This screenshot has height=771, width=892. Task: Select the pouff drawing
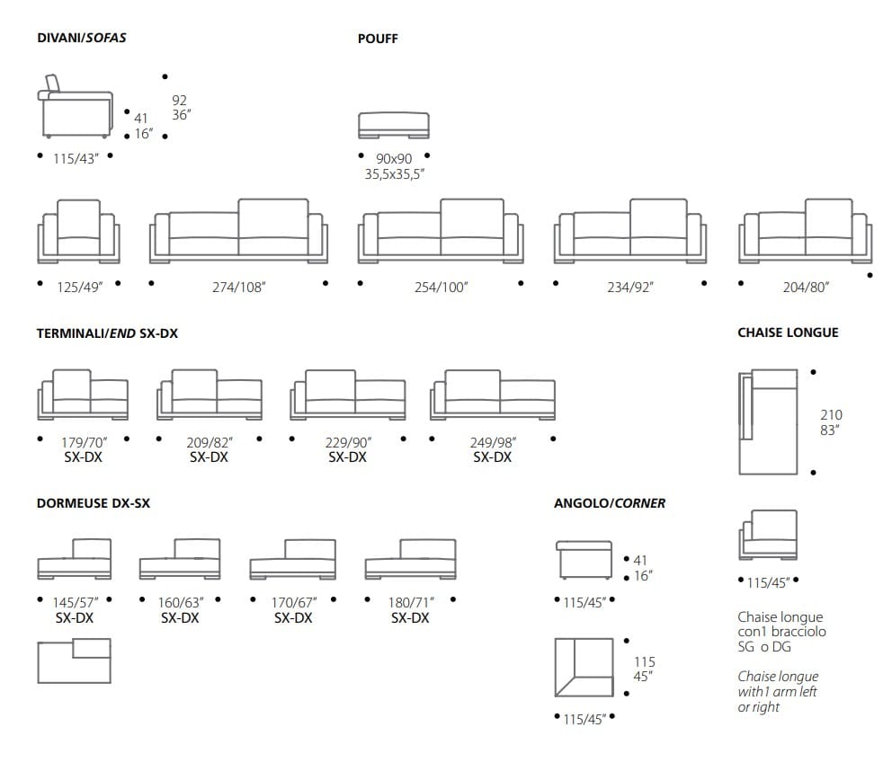[x=393, y=126]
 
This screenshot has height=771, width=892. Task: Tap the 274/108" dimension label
[x=239, y=287]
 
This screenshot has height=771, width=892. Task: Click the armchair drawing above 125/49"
[x=79, y=232]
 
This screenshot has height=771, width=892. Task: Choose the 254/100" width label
[x=441, y=287]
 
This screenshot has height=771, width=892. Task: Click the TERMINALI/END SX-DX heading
[x=107, y=333]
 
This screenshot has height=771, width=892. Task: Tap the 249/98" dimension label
[x=492, y=441]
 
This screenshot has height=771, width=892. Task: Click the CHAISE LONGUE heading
[x=788, y=332]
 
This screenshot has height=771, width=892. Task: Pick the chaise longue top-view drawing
[x=768, y=421]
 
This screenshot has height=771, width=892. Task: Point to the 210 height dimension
[x=831, y=415]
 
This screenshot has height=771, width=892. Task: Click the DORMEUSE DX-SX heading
[x=93, y=503]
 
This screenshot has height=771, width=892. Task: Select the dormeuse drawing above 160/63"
[x=180, y=560]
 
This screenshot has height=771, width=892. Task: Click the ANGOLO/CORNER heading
[x=610, y=503]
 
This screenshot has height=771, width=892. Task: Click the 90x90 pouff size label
[x=394, y=159]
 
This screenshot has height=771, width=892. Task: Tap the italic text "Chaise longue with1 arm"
[x=778, y=691]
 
